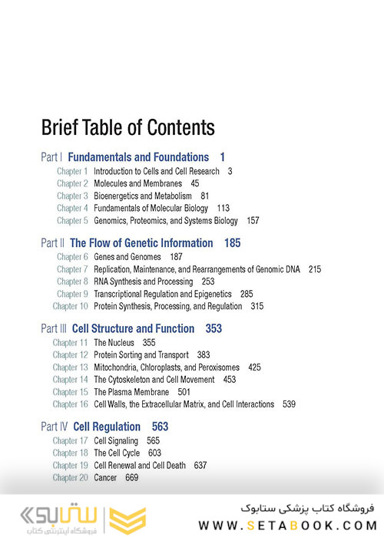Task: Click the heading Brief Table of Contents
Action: click(x=127, y=127)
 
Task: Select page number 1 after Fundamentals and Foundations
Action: click(x=222, y=157)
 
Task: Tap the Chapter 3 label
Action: click(x=72, y=196)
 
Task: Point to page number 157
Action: click(x=253, y=220)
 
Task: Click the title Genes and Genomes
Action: click(x=127, y=257)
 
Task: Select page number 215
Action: click(x=315, y=269)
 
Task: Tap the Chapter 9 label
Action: click(x=72, y=294)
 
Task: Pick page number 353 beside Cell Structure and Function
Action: click(x=214, y=329)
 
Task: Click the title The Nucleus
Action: click(x=113, y=343)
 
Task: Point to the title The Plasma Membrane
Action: click(x=131, y=392)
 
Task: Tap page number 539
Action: click(x=289, y=404)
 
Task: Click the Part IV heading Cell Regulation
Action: click(x=107, y=427)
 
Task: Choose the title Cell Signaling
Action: click(x=116, y=441)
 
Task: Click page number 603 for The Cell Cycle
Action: click(x=154, y=453)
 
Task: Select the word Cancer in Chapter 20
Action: click(x=105, y=478)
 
